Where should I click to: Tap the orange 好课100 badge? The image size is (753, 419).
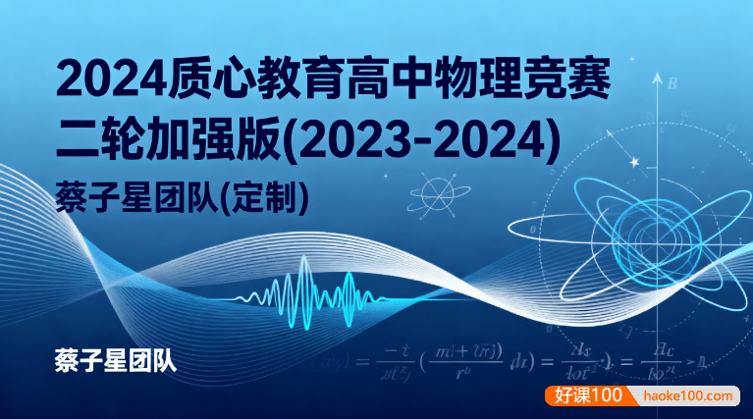tap(588, 396)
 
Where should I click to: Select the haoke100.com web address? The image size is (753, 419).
tap(690, 396)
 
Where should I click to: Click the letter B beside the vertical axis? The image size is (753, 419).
tap(672, 83)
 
